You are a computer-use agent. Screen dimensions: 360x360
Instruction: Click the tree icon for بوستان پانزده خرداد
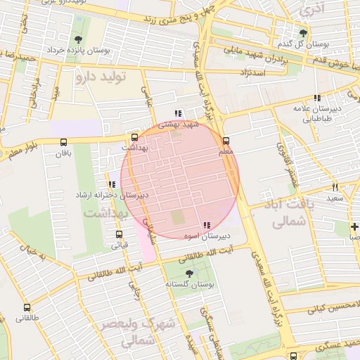click(77, 39)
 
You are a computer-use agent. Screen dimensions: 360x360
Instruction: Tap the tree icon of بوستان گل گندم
click(304, 33)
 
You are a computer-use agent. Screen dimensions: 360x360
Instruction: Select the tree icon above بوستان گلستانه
click(188, 273)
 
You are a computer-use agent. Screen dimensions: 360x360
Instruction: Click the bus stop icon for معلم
click(226, 141)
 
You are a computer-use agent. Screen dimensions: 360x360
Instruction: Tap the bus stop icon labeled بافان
click(65, 141)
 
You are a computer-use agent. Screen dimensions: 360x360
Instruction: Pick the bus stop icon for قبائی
click(118, 235)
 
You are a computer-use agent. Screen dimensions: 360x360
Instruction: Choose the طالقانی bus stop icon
click(27, 307)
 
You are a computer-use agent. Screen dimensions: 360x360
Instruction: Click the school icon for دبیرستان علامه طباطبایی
click(317, 98)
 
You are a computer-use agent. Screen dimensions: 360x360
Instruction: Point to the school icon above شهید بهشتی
click(178, 112)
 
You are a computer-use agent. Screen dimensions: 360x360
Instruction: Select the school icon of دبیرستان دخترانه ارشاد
click(112, 184)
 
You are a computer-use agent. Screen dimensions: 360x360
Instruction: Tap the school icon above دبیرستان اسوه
click(206, 225)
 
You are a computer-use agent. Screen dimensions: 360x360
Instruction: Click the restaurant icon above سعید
click(335, 187)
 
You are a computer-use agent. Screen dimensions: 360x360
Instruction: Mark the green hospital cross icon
click(355, 226)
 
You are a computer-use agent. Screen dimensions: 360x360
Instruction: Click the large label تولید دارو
click(100, 77)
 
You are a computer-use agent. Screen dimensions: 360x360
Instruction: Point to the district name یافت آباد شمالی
click(285, 212)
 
